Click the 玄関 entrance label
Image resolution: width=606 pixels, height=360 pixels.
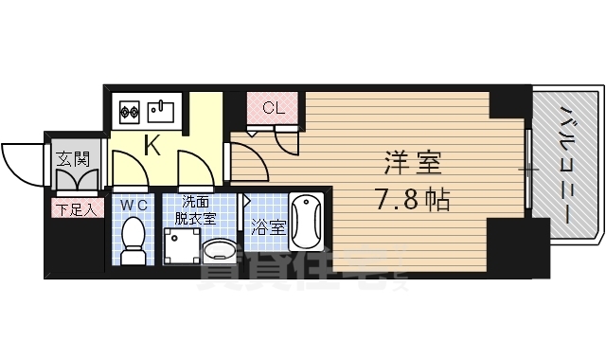[73, 158]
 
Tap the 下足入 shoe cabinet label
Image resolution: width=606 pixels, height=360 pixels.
[73, 209]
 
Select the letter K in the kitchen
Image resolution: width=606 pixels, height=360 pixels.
[151, 145]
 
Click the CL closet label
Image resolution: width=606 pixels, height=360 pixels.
[273, 107]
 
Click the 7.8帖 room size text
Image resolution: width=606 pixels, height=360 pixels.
[411, 201]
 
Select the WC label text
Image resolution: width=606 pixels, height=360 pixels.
[133, 204]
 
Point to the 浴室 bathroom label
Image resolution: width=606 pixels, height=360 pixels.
[269, 227]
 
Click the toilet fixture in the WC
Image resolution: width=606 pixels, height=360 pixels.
[134, 239]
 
